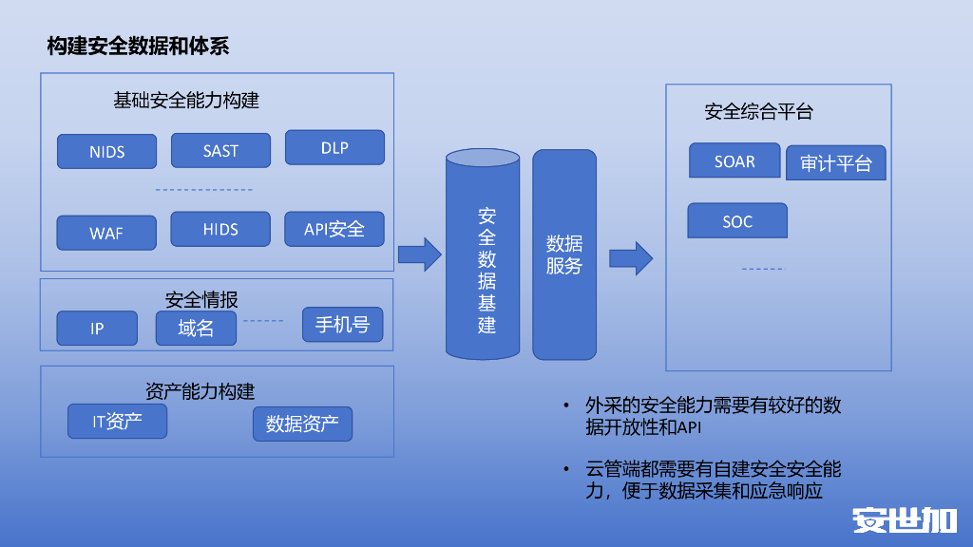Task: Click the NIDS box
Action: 106,151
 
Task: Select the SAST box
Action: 220,150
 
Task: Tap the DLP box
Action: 334,147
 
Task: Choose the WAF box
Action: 106,233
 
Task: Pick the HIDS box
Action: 220,229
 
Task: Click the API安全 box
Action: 334,229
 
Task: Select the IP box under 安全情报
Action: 97,329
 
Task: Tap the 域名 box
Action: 196,329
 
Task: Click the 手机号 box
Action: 342,325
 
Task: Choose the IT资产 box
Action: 117,422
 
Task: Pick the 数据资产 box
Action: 302,424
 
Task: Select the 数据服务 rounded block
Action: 564,255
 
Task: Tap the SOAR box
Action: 735,161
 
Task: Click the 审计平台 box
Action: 836,163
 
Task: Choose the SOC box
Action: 737,221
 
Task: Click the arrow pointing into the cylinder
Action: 419,254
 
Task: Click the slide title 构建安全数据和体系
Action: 138,46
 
